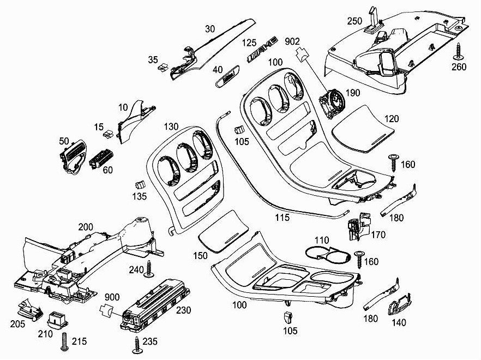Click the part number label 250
(x=354, y=21)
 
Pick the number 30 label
(x=211, y=28)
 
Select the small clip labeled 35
(x=163, y=68)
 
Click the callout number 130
(x=171, y=127)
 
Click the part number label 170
(x=378, y=235)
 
